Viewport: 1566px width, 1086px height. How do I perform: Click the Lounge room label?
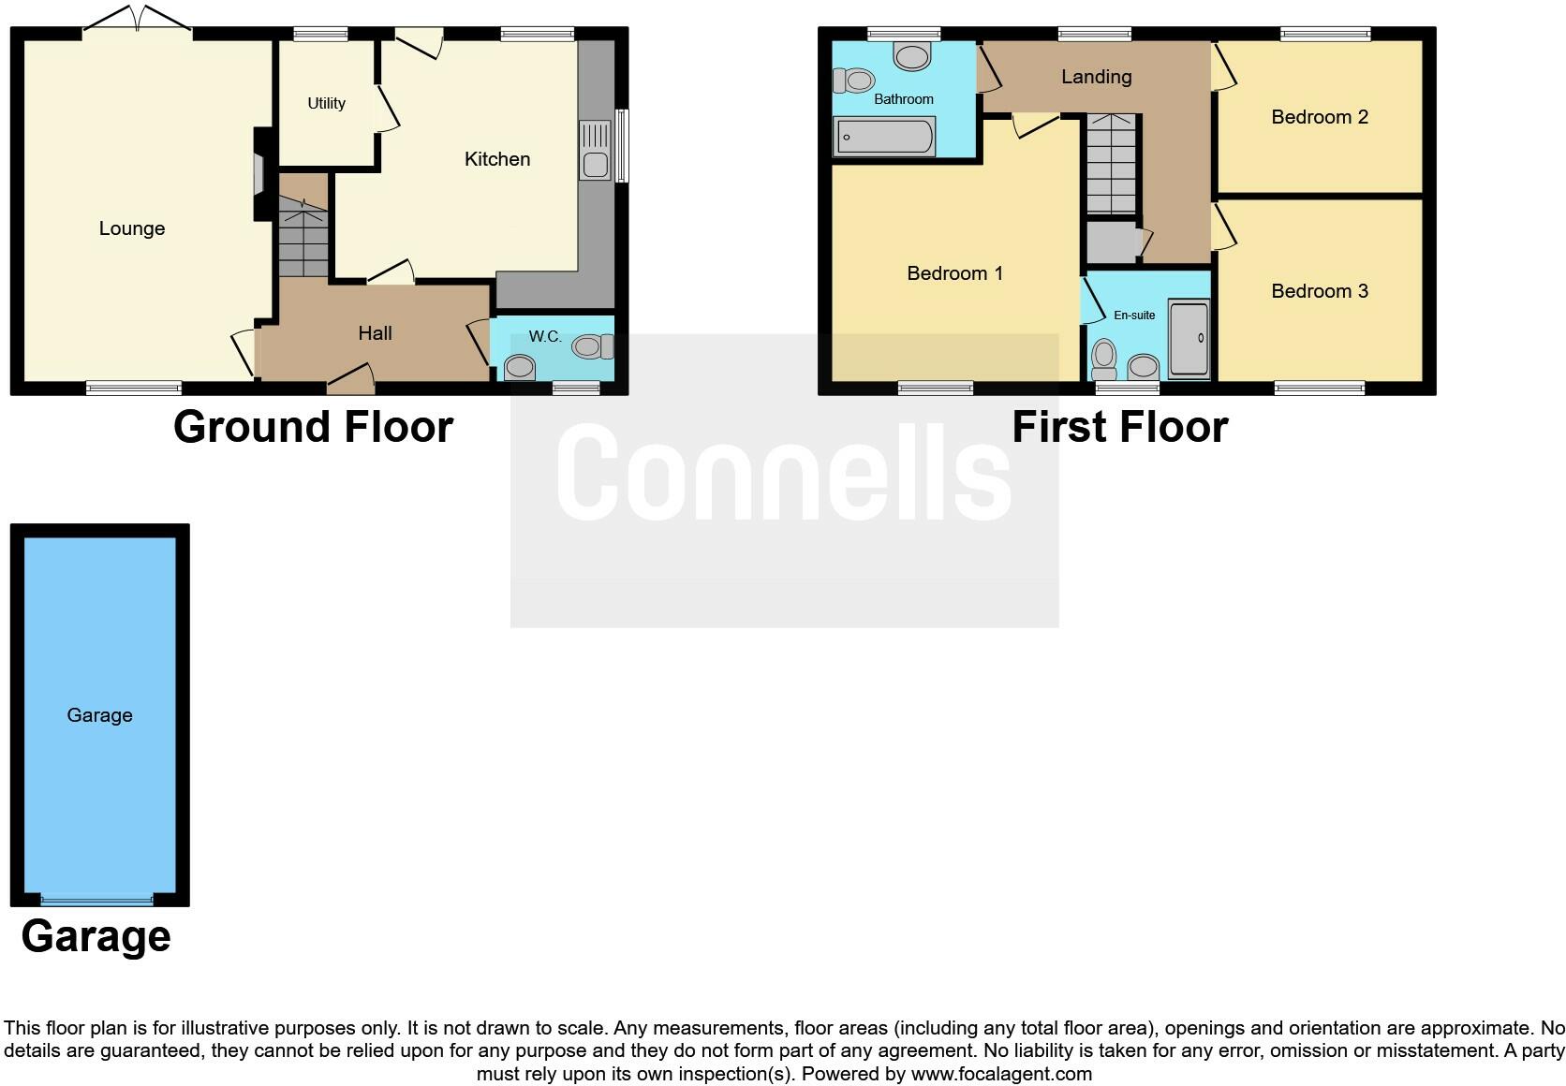tap(132, 228)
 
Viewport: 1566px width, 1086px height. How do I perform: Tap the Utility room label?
tap(326, 103)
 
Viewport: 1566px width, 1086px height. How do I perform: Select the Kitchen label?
tap(497, 159)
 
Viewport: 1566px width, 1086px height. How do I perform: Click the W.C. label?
tap(545, 336)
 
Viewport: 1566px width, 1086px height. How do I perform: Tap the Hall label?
tap(375, 333)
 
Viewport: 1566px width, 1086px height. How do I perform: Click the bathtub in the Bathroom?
tap(884, 137)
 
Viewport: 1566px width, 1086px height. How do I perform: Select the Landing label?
tap(1096, 77)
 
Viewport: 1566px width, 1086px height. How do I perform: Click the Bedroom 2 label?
tap(1319, 117)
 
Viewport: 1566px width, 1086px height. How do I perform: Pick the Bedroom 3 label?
tap(1319, 291)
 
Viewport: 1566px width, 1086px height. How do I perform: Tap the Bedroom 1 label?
tap(954, 273)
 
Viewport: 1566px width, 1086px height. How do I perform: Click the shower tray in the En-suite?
tap(1189, 338)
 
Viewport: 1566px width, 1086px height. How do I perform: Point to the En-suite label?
tap(1133, 316)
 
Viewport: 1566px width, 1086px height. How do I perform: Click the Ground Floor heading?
tap(313, 427)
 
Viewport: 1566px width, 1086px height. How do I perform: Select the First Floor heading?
tap(1119, 427)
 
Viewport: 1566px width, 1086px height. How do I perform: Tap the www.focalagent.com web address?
tap(1001, 1074)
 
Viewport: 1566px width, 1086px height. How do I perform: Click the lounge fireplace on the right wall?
tap(259, 174)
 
